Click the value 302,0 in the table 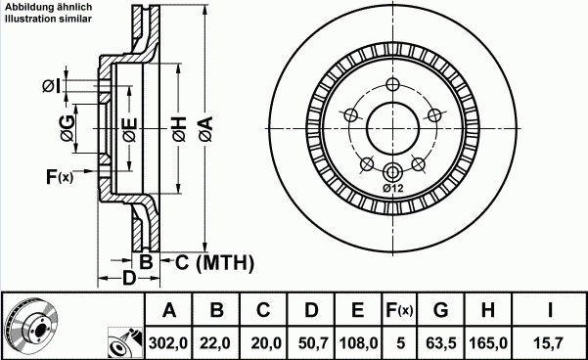point(169,342)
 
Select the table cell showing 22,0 point(216,342)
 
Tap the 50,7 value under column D point(311,342)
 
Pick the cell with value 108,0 point(358,342)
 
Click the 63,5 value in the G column point(441,342)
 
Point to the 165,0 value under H point(488,342)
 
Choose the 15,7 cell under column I point(550,342)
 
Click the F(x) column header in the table point(399,310)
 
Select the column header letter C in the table point(263,310)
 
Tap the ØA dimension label point(205,128)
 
